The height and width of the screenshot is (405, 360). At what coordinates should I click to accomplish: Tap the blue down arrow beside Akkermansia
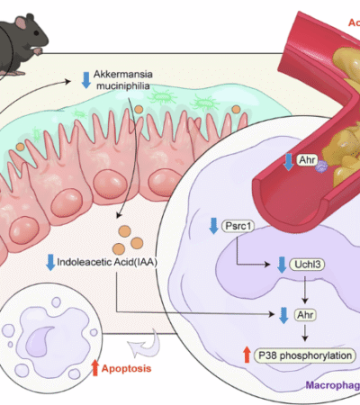[86, 79]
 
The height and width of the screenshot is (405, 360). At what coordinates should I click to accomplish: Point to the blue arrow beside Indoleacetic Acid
[50, 263]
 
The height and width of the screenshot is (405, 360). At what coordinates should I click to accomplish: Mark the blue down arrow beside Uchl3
[282, 263]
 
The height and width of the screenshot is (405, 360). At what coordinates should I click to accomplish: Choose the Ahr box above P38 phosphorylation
[305, 315]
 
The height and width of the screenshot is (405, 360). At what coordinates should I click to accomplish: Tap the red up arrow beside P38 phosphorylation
[245, 355]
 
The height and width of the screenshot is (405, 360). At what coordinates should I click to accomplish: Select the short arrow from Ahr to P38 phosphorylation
[305, 334]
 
